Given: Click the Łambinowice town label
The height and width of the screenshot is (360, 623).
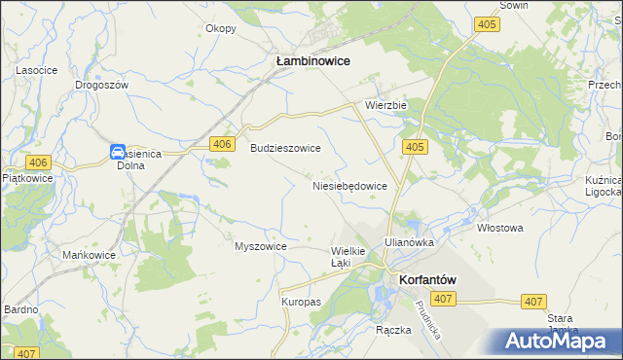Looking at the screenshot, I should (312, 60).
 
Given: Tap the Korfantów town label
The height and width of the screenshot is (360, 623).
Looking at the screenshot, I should (427, 279).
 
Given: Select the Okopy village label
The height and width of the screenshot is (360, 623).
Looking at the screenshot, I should (221, 28).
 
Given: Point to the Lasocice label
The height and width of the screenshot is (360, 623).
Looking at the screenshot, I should (36, 71).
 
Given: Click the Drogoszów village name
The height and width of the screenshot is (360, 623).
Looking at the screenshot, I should (102, 85).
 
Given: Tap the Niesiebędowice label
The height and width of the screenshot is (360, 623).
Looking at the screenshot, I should (350, 185).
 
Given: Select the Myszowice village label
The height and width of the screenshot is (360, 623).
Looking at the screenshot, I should (260, 246).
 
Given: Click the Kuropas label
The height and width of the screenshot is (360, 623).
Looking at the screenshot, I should (301, 303).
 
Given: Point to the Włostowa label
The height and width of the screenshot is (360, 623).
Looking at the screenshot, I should (500, 228).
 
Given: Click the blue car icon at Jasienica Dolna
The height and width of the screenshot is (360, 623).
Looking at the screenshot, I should (118, 152).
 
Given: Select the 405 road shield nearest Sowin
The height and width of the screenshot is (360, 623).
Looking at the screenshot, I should (488, 24).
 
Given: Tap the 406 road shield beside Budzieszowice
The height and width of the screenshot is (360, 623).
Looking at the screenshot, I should (222, 145).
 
